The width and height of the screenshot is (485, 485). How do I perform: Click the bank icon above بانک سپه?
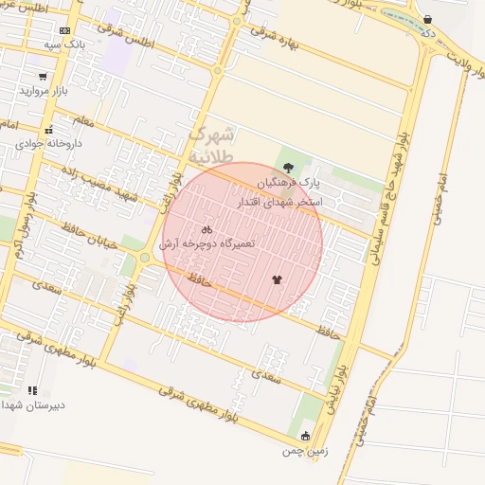64,30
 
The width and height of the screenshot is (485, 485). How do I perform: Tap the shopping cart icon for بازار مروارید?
43,77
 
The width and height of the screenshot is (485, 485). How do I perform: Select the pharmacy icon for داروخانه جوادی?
48,130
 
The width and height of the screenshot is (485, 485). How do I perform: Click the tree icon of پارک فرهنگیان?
288,168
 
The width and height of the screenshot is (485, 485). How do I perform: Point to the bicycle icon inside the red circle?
207,229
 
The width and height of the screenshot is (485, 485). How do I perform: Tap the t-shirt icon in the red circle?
277,279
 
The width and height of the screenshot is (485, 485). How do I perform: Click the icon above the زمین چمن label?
305,436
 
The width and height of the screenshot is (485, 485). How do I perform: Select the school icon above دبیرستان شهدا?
32,389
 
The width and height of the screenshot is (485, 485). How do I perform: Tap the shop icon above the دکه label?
428,20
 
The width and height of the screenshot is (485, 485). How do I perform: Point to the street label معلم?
83,120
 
